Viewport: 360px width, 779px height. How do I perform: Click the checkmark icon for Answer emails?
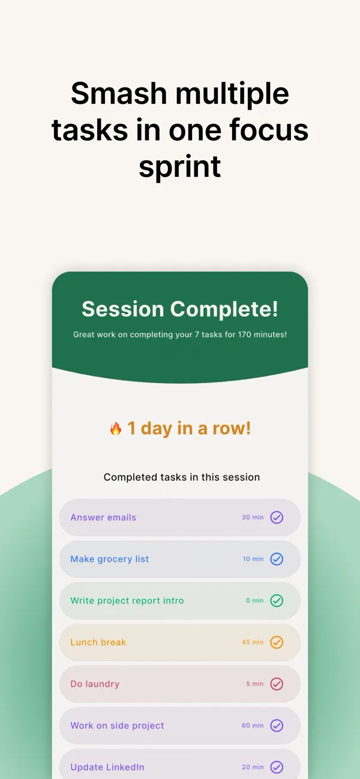[x=277, y=517]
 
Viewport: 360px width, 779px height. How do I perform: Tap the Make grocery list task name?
[x=110, y=559]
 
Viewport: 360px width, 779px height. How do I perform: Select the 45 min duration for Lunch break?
[x=253, y=642]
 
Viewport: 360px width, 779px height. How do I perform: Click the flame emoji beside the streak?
[x=116, y=428]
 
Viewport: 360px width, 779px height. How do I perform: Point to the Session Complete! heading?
[x=180, y=309]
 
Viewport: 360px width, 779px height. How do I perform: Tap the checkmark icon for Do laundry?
[x=277, y=684]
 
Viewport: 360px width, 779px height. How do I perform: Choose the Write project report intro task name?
[x=127, y=600]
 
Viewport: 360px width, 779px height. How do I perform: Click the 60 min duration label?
[x=253, y=726]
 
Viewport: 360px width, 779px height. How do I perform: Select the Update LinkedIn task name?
[x=107, y=767]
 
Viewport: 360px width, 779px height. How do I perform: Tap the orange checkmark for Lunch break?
[x=277, y=642]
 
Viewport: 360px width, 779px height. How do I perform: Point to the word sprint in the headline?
[x=180, y=166]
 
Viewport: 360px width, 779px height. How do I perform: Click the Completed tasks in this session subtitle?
[x=182, y=477]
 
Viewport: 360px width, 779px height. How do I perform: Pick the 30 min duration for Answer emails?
[x=253, y=517]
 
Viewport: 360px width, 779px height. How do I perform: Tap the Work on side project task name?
[x=117, y=726]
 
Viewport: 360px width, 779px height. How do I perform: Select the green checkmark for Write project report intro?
[x=277, y=600]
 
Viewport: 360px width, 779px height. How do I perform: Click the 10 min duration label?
[x=253, y=559]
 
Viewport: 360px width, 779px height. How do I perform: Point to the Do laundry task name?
[x=95, y=684]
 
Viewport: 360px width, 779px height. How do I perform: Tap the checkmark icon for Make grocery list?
[x=277, y=559]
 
